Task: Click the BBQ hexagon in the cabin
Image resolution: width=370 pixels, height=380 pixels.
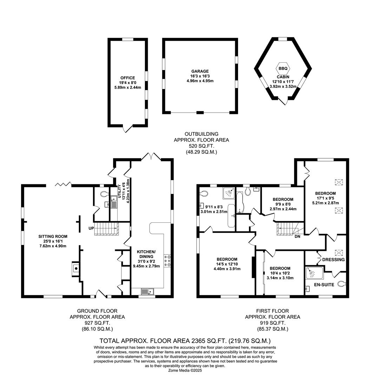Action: coord(283,69)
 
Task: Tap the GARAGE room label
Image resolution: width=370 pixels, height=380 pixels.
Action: coord(200,71)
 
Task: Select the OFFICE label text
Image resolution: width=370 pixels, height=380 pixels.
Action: coord(127,78)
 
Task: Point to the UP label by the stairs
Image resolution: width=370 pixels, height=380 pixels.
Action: coord(92,228)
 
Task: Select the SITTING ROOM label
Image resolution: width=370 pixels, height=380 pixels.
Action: coord(53,236)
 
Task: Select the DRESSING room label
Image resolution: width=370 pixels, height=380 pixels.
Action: coord(333,260)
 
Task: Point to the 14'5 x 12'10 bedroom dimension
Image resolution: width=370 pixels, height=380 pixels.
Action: coord(227,264)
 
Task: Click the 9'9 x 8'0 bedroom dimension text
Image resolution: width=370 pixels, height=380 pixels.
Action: coord(283,204)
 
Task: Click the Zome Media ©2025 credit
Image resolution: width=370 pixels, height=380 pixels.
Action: coord(185,370)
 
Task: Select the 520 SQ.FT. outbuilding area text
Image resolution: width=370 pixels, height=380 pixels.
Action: coord(201,146)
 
